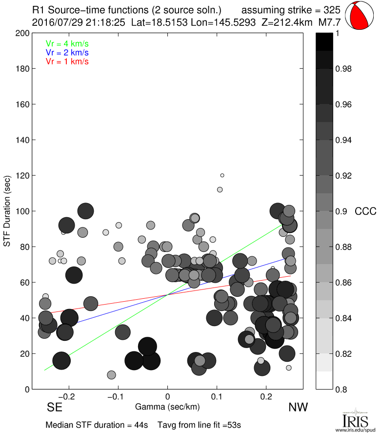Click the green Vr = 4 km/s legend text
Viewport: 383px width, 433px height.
coord(67,43)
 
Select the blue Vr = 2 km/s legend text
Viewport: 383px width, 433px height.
coord(67,52)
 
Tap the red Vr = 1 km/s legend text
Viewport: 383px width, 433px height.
coord(67,62)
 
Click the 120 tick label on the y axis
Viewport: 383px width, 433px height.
coord(22,176)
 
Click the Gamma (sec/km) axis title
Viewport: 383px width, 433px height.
coord(167,407)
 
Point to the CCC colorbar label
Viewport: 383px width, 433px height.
coord(365,211)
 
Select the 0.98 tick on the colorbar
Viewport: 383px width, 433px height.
coord(343,69)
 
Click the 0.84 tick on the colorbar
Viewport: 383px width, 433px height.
coord(343,318)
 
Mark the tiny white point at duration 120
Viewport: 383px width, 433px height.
coord(222,175)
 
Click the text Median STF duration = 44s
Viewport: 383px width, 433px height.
coord(97,425)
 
